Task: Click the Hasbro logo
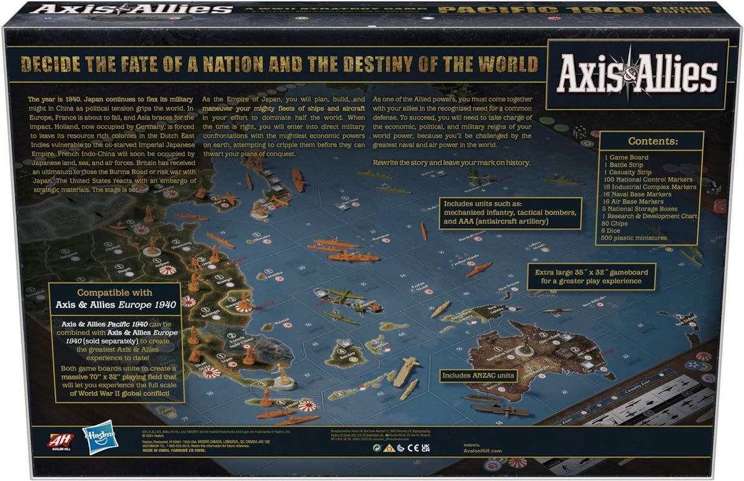point(100,437)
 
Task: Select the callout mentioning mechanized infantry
point(511,213)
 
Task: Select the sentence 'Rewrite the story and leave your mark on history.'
point(451,162)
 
